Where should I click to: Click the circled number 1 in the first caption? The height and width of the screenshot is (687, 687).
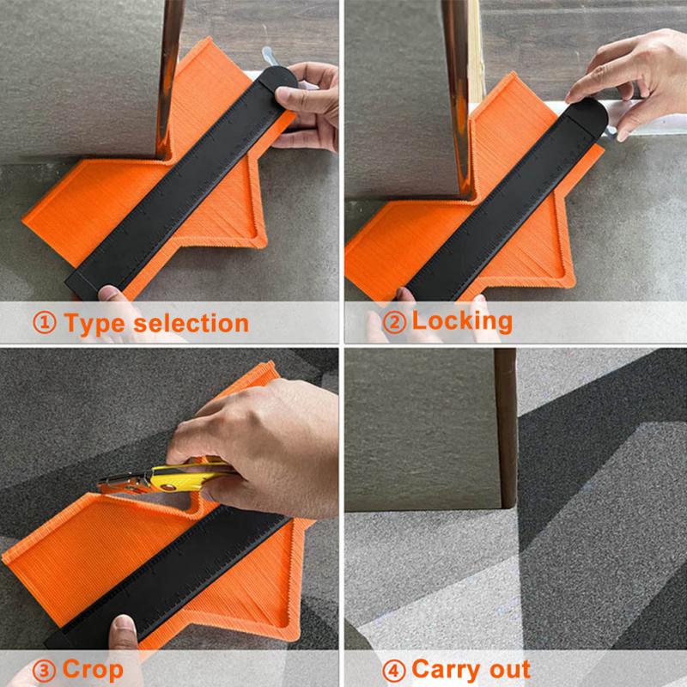[45, 324]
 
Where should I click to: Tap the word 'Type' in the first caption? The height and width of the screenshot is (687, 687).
[100, 324]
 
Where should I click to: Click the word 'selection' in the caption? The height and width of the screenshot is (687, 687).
[195, 324]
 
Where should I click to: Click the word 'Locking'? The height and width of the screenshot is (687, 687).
[462, 321]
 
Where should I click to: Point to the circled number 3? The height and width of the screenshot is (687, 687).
[45, 669]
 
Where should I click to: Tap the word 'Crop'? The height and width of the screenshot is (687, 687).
[91, 669]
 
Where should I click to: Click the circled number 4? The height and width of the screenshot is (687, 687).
[393, 669]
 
